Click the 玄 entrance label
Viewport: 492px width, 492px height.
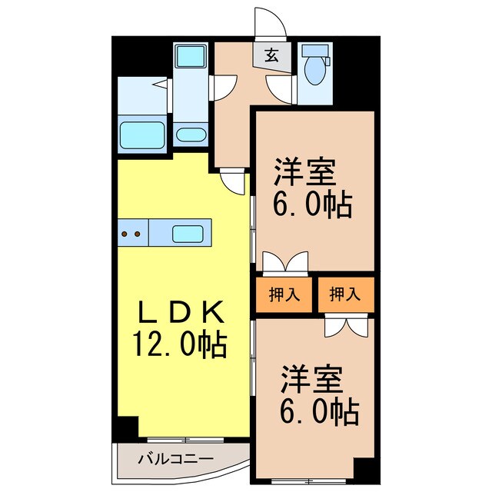[x=273, y=55]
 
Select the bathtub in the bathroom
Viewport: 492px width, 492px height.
[x=144, y=135]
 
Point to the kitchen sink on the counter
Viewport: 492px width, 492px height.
[x=187, y=233]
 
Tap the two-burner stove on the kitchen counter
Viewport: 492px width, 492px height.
[x=131, y=233]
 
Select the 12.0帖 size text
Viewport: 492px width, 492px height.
[x=182, y=343]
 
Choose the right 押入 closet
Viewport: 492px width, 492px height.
[x=344, y=293]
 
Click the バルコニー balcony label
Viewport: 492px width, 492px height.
[x=175, y=460]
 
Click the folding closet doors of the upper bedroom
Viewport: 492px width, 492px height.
[x=284, y=262]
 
